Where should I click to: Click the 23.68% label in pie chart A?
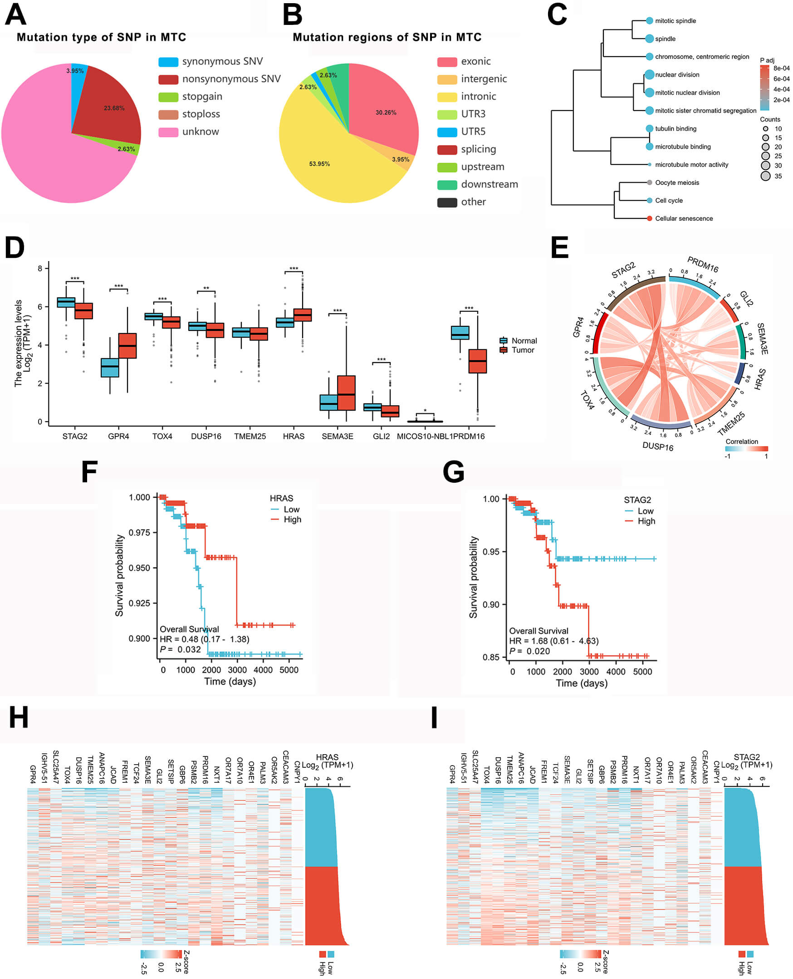(x=114, y=108)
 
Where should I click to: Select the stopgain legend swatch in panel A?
(x=168, y=97)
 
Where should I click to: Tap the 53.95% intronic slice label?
(x=319, y=164)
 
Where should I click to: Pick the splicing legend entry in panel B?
(x=478, y=149)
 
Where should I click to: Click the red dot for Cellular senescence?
(x=649, y=218)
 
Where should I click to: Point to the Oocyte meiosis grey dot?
(x=649, y=183)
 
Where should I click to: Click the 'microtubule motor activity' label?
(x=691, y=165)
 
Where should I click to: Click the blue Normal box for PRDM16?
(x=460, y=333)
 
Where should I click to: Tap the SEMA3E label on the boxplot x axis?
(x=337, y=436)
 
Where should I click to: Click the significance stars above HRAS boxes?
(x=293, y=269)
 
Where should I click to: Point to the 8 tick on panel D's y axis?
(x=40, y=268)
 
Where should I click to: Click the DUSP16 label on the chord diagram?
(x=657, y=446)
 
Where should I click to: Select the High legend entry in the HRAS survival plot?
(x=292, y=519)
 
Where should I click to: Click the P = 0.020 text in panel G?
(x=529, y=651)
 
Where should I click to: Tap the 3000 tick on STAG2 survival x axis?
(x=589, y=672)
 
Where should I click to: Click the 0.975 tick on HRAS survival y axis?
(x=139, y=533)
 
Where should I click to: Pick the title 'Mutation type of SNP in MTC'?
(x=102, y=37)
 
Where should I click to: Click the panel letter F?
(x=89, y=472)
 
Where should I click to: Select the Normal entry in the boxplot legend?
(x=524, y=340)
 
